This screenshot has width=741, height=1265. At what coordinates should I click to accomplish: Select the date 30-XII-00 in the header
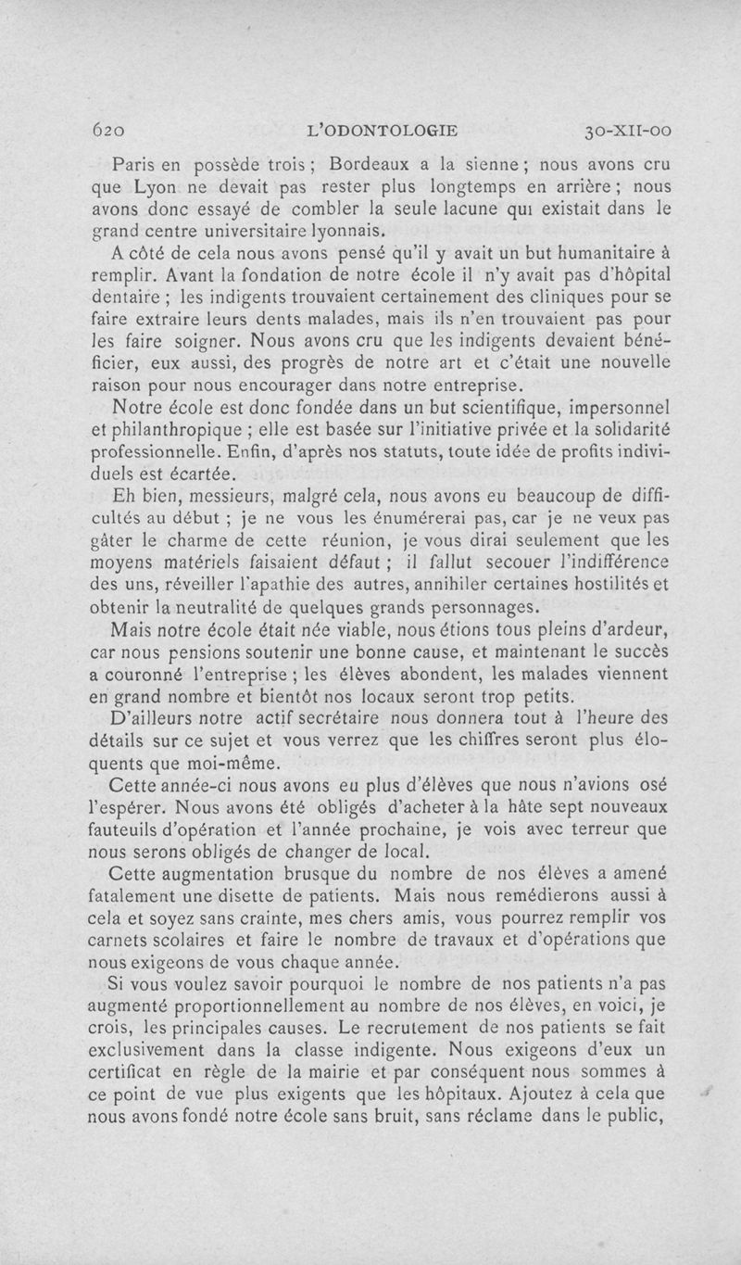(x=628, y=130)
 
